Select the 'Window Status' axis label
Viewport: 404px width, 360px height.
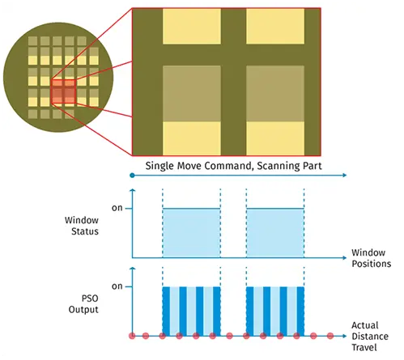(82, 226)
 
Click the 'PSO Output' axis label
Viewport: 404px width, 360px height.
(83, 304)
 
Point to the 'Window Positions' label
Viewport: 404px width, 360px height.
(372, 258)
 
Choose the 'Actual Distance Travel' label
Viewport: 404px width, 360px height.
(370, 337)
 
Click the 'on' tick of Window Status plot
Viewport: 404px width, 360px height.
(117, 208)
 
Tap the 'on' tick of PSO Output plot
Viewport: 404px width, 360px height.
(117, 286)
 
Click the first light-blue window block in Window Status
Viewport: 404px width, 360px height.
(191, 233)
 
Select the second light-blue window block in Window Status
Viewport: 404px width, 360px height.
(275, 233)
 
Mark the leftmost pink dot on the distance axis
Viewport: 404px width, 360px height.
(132, 336)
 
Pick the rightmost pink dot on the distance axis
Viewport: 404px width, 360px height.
(330, 336)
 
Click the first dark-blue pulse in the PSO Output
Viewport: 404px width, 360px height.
(166, 311)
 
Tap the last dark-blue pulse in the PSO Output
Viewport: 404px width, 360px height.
(300, 311)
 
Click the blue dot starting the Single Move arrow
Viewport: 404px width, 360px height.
(132, 176)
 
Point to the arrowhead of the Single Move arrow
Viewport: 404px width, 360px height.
(345, 176)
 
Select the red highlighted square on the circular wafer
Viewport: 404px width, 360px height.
(63, 91)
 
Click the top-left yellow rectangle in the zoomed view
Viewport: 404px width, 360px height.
(192, 26)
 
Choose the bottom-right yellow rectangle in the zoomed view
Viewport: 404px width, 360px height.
(275, 138)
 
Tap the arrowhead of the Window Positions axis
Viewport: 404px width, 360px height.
(345, 258)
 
